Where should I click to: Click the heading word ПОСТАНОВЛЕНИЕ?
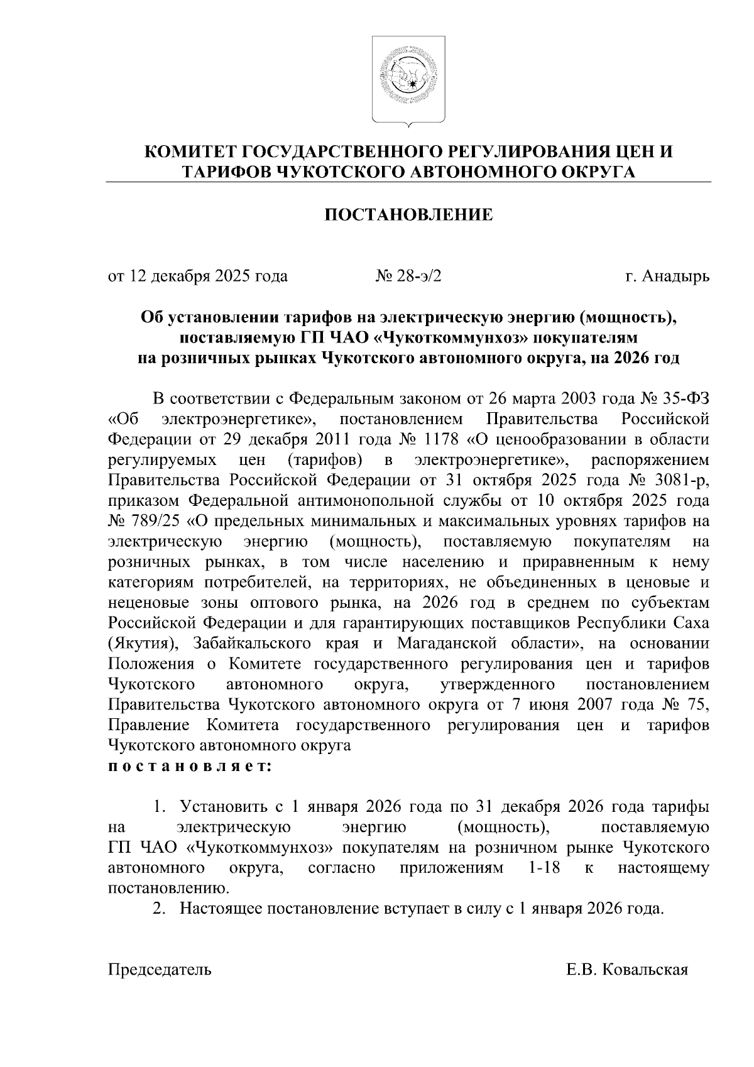pyautogui.click(x=408, y=216)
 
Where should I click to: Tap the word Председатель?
pyautogui.click(x=160, y=970)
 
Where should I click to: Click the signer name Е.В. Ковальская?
pyautogui.click(x=626, y=970)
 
